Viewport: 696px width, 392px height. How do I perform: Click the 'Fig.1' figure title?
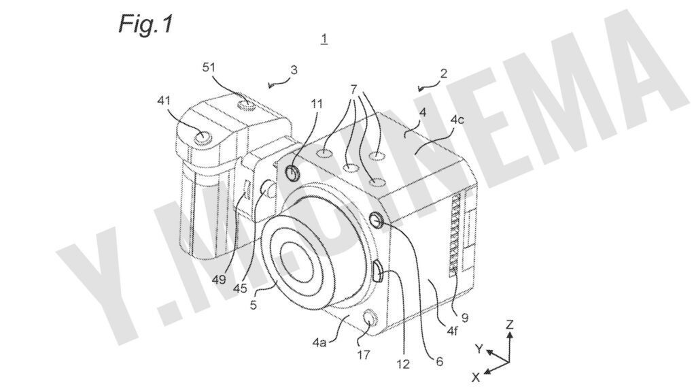pyautogui.click(x=145, y=24)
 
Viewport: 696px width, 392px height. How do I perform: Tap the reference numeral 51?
pyautogui.click(x=209, y=67)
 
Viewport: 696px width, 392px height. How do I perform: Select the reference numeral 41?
pyautogui.click(x=164, y=101)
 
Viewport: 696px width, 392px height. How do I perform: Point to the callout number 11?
pyautogui.click(x=317, y=104)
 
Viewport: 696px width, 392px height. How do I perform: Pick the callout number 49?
pyautogui.click(x=218, y=279)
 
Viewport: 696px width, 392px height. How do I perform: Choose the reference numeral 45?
pyautogui.click(x=240, y=289)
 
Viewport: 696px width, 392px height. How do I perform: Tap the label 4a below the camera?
pyautogui.click(x=319, y=342)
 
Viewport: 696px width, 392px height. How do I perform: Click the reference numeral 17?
pyautogui.click(x=363, y=355)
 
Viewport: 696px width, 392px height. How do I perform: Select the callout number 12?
pyautogui.click(x=403, y=365)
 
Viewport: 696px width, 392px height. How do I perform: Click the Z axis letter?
pyautogui.click(x=510, y=324)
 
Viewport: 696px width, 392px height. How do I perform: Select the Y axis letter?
pyautogui.click(x=478, y=349)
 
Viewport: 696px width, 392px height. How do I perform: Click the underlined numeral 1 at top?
pyautogui.click(x=324, y=39)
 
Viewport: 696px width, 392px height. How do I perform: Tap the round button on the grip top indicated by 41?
pyautogui.click(x=203, y=137)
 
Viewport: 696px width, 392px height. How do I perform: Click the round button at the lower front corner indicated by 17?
pyautogui.click(x=370, y=318)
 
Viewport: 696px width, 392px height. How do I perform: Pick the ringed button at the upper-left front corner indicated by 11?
pyautogui.click(x=292, y=173)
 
